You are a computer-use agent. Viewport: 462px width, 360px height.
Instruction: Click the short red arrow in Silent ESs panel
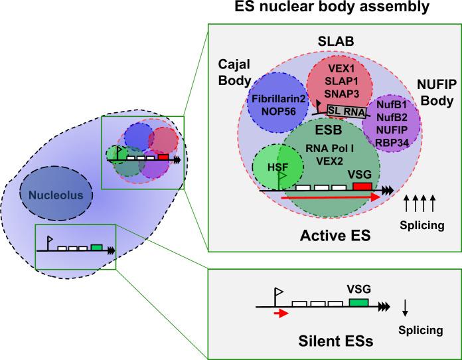coord(281,314)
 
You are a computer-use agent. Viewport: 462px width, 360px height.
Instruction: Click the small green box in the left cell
coord(96,247)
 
